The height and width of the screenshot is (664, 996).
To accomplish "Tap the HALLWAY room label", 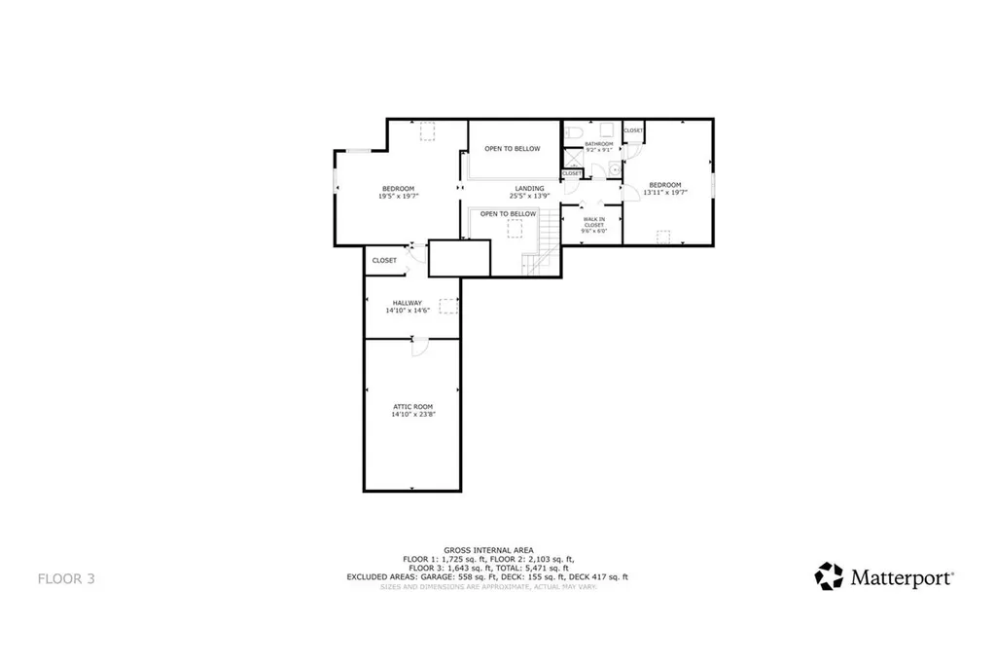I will (408, 302).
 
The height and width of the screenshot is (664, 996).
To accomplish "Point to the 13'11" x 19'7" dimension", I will (664, 192).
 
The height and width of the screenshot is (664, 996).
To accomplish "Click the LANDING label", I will (529, 188).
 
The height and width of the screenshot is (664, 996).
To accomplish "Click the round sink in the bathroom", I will (614, 169).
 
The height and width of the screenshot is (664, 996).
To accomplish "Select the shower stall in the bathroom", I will (572, 158).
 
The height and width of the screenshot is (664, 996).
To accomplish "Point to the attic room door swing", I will (420, 348).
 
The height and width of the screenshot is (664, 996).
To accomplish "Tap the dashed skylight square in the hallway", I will (447, 306).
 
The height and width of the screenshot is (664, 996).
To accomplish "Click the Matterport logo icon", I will (829, 576).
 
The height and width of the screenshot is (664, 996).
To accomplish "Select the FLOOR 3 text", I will (66, 578).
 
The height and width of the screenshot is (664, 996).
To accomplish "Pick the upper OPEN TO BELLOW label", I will (512, 149).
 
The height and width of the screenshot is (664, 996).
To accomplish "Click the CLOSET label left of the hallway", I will (384, 260).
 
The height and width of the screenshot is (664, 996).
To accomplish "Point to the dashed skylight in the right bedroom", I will (665, 236).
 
